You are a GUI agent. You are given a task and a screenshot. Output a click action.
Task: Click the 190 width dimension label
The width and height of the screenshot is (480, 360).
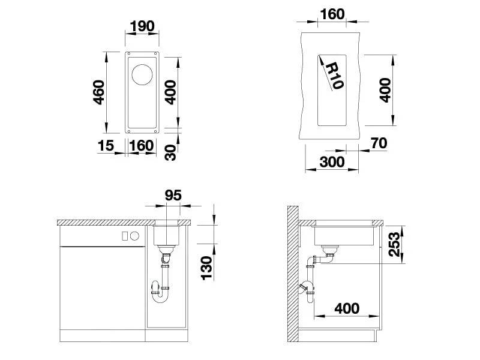tap(142, 26)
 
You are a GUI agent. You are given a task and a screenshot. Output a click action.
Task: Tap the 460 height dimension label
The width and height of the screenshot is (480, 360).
tap(98, 92)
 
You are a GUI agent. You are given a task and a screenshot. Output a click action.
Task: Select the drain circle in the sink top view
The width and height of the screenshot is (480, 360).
tap(142, 74)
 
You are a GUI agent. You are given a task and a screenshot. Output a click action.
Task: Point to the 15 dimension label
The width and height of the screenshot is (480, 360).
tap(106, 145)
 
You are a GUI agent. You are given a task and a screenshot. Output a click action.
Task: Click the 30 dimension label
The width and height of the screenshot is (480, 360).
tap(170, 152)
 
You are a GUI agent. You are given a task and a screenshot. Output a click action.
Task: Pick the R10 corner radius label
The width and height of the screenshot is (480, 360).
tap(334, 76)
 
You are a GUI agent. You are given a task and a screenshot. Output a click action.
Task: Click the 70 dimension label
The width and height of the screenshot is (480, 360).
tap(379, 143)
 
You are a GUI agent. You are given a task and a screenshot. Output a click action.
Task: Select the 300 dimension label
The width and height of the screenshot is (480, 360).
tap(332, 161)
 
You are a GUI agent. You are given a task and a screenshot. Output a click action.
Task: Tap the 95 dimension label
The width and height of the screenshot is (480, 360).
tap(173, 195)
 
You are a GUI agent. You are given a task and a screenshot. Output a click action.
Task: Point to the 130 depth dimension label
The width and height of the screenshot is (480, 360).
tap(206, 268)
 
